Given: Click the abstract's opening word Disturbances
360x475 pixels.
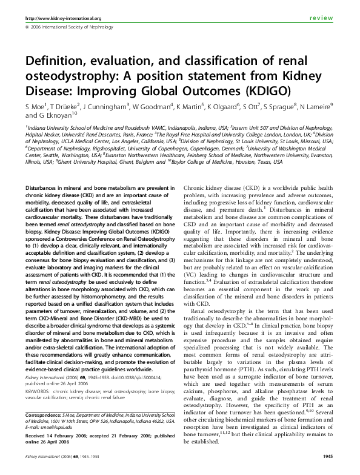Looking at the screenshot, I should (x=46, y=189).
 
